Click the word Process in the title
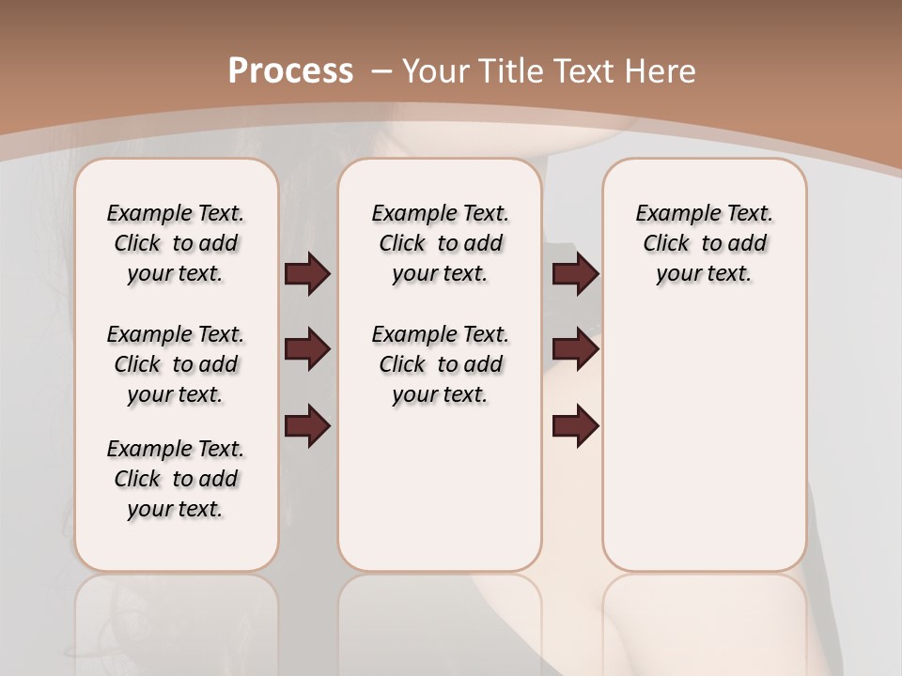coord(290,70)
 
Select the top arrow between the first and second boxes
coord(307,273)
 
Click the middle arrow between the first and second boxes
coord(307,350)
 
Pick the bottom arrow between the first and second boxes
coord(307,426)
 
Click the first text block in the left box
coord(176,243)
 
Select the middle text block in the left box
coord(176,364)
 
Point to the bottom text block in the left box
coord(176,479)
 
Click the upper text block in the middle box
coord(440,243)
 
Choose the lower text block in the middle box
coord(440,364)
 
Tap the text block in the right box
coord(704,243)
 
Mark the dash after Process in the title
coord(381,70)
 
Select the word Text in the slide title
coord(583,70)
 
